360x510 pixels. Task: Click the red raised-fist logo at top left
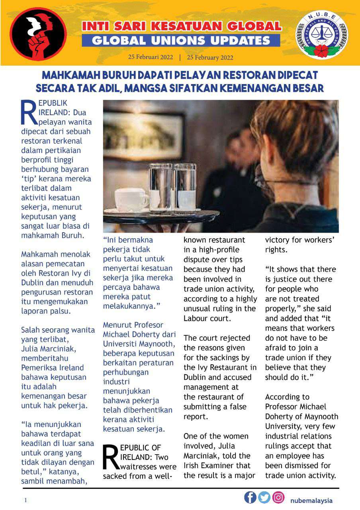point(38,34)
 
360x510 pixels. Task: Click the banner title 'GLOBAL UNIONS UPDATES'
point(181,40)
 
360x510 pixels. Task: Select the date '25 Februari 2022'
point(151,57)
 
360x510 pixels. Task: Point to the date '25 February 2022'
point(210,57)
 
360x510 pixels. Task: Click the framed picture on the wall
point(143,135)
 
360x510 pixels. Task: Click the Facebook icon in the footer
point(250,497)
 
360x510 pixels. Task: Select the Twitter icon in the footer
point(264,497)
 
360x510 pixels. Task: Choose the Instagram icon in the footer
point(278,497)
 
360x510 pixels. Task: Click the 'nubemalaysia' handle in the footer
point(311,500)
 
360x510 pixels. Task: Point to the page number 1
point(26,500)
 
